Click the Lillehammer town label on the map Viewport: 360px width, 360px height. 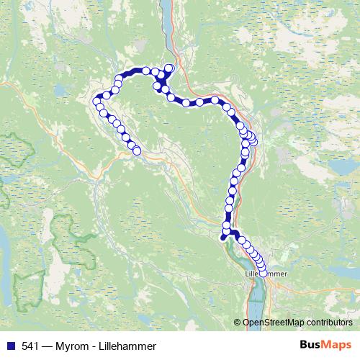[266, 274]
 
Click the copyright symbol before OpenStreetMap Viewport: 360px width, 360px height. [238, 322]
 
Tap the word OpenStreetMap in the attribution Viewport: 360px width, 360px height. [273, 322]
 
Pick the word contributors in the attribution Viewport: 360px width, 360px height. [330, 322]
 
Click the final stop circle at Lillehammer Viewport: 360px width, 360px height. [263, 273]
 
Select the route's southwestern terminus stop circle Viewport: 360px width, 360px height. [136, 151]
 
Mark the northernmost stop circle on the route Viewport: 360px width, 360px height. [170, 68]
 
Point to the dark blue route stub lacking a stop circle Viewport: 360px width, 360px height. [223, 235]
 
